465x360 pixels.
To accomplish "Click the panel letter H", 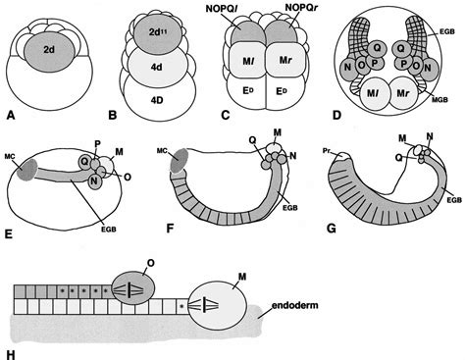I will tap(11, 346).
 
